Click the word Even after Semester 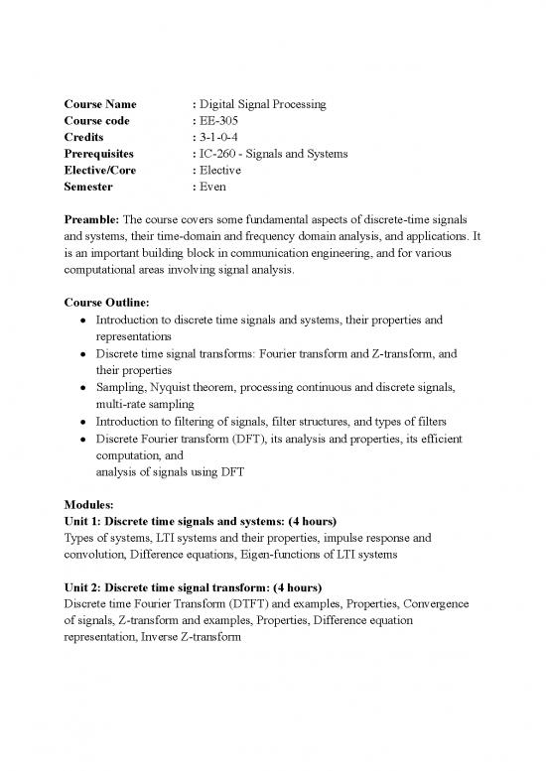pos(214,187)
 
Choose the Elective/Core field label pos(100,170)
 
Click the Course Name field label pos(100,104)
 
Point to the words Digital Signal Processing pos(262,104)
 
